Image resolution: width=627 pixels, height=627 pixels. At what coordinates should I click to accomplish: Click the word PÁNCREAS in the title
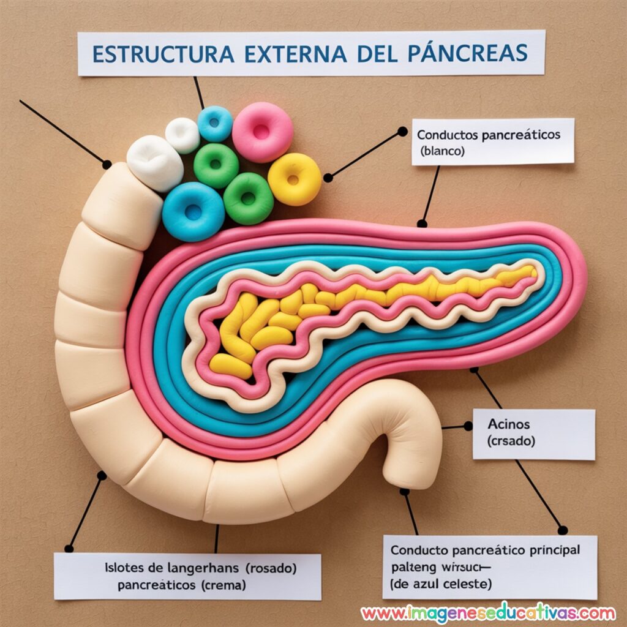467,53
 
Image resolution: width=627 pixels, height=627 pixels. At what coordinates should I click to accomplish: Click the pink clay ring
262,131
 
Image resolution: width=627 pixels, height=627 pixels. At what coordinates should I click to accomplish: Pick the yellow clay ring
295,179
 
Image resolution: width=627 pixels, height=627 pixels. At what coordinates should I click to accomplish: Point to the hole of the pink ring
261,130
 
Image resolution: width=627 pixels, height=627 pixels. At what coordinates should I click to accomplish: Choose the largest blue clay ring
193,211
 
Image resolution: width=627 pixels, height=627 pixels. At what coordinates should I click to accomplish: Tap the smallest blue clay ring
215,123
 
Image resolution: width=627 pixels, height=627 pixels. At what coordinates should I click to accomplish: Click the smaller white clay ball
182,135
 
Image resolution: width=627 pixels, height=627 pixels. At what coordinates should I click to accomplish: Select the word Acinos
509,424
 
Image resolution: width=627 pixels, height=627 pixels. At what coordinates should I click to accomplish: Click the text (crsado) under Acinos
512,440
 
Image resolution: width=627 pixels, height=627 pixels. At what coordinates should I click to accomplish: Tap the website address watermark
488,613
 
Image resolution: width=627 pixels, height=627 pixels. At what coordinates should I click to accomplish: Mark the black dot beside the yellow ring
328,178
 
